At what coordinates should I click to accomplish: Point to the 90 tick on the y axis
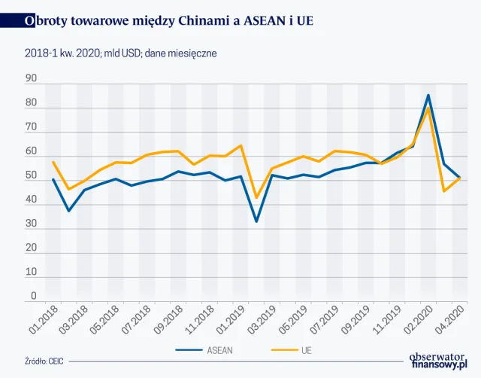(31, 78)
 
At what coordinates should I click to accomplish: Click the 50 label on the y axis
(31, 176)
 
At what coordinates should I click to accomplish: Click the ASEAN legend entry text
(219, 349)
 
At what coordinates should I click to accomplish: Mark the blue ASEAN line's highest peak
(428, 95)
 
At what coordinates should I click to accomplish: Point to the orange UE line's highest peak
(428, 108)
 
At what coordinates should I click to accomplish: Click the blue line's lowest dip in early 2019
(256, 221)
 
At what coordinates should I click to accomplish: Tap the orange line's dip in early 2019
(256, 198)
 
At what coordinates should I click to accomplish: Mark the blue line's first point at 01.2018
(53, 179)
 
